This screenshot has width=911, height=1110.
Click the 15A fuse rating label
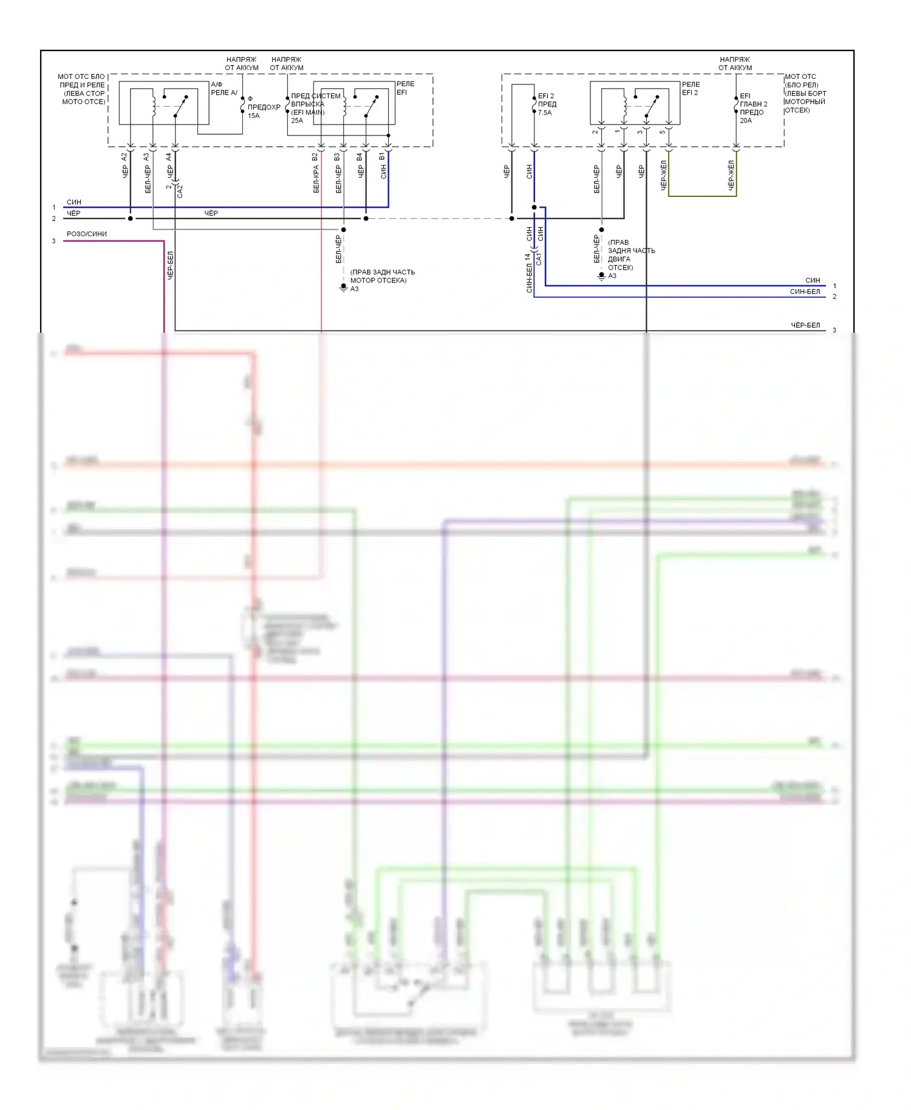pos(253,116)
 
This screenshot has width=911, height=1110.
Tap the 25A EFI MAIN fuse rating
pos(297,121)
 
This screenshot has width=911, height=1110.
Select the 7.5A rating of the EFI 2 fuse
pos(545,113)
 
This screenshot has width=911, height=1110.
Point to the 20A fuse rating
pos(746,121)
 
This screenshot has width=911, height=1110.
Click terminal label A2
pos(125,157)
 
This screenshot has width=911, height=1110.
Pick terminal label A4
pos(169,157)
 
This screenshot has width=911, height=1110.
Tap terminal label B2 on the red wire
pos(315,157)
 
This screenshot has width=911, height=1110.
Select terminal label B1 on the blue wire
pos(383,157)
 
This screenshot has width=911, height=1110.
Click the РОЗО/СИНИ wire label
pos(87,234)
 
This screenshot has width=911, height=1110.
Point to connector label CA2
pos(180,191)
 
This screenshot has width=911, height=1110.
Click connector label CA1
pos(539,259)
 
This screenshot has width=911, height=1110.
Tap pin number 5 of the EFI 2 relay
pos(662,132)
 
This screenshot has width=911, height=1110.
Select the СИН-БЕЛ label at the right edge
pos(805,292)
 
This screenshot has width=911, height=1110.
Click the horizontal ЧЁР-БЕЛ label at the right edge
pos(805,325)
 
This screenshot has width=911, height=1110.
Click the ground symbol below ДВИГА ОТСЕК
pos(601,276)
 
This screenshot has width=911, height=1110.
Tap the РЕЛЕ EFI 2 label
pos(691,89)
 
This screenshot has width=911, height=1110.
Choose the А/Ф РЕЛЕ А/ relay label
pos(223,89)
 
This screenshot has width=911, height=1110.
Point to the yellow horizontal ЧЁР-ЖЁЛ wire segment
pos(702,196)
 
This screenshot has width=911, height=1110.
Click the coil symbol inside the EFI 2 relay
pos(624,104)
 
